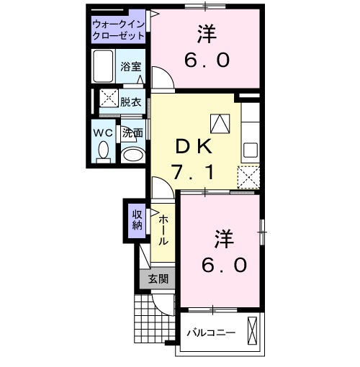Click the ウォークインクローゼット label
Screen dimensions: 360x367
pos(118,30)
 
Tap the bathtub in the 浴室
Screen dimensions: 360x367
pos(103,66)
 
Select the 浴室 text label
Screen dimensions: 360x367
pos(131,66)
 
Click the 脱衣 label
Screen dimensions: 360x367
pos(130,102)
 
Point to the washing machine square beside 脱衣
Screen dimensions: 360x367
pos(109,98)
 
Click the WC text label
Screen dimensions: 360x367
pos(103,132)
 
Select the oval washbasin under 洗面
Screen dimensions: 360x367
pos(132,155)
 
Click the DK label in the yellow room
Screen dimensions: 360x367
pos(194,146)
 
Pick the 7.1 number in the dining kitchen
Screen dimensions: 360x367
pos(193,173)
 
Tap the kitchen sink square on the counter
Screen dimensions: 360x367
pos(251,150)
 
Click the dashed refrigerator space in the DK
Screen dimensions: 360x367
pos(248,177)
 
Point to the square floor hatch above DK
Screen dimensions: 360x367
pos(220,123)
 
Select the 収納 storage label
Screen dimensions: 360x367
pos(137,220)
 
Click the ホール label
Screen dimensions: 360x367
pos(163,230)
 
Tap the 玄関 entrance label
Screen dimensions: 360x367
pos(158,279)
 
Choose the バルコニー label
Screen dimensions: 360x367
pos(211,333)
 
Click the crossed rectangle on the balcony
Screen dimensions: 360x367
pos(252,330)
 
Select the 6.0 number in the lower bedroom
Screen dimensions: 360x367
pos(224,265)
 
